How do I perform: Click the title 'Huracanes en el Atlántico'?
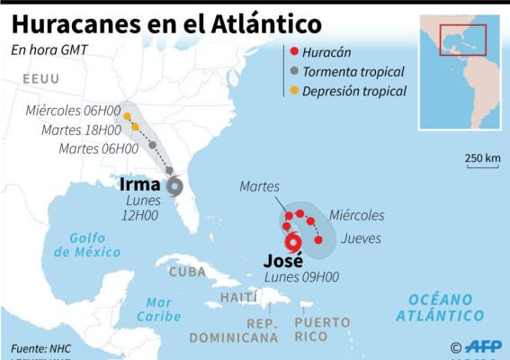[x=166, y=20]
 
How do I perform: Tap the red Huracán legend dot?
[x=294, y=53]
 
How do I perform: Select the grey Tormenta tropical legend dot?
[x=294, y=71]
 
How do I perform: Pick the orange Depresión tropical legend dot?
[x=294, y=90]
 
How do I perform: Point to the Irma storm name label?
[x=140, y=185]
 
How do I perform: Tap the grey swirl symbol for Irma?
[x=174, y=187]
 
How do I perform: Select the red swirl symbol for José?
[x=292, y=241]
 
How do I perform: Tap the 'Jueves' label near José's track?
[x=362, y=238]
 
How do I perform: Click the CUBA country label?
[x=187, y=272]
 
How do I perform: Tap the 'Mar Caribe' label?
[x=158, y=309]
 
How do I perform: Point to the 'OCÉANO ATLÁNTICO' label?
[x=439, y=307]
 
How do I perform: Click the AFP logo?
[x=483, y=347]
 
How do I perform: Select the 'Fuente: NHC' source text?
[x=41, y=347]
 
